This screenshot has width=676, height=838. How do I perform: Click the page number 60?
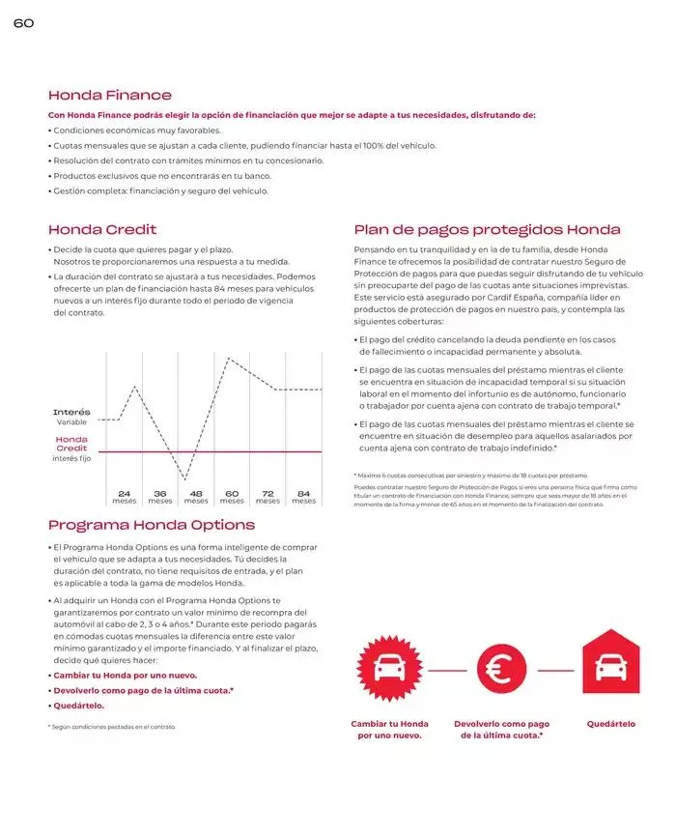tap(23, 23)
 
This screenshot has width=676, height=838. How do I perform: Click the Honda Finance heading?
tap(110, 95)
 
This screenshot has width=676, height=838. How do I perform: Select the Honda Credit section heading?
tap(102, 230)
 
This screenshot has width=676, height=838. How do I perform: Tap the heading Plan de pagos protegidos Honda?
tap(487, 230)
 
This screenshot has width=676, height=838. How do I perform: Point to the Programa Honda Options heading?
tap(152, 525)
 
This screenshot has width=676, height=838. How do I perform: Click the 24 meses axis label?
tap(124, 497)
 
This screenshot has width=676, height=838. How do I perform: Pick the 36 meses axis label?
tap(159, 497)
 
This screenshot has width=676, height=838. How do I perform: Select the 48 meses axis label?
tap(196, 497)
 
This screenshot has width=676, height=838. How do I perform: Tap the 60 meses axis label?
tap(232, 497)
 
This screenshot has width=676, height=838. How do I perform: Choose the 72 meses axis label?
tap(268, 497)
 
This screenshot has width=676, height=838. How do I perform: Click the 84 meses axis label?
tap(303, 497)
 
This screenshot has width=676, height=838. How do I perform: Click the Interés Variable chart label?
tap(71, 418)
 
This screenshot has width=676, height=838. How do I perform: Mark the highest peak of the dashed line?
tap(228, 359)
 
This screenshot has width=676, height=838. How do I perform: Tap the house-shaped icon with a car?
tap(610, 666)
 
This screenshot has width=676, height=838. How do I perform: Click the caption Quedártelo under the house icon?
tap(610, 724)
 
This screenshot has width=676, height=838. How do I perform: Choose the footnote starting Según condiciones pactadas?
tap(112, 726)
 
